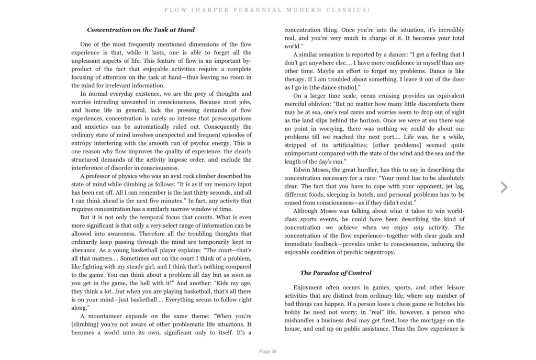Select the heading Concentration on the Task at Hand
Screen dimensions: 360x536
pyautogui.click(x=141, y=30)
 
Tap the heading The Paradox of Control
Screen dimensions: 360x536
pyautogui.click(x=336, y=273)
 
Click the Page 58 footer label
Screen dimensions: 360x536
pyautogui.click(x=267, y=351)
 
